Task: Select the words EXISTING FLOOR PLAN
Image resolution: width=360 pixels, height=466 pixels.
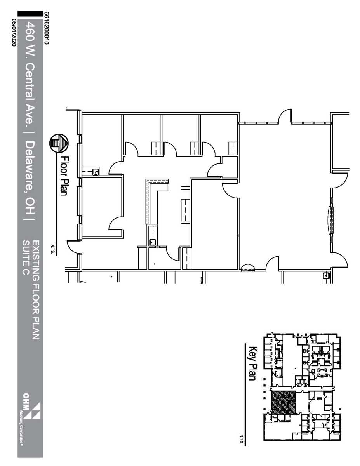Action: tap(35, 290)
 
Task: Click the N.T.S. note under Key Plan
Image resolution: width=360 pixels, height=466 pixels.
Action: tap(241, 438)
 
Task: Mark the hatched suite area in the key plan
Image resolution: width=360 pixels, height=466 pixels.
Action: tap(283, 402)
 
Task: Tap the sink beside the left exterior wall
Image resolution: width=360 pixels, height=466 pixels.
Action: tap(95, 171)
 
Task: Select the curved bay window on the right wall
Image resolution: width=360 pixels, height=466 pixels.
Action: tap(331, 220)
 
